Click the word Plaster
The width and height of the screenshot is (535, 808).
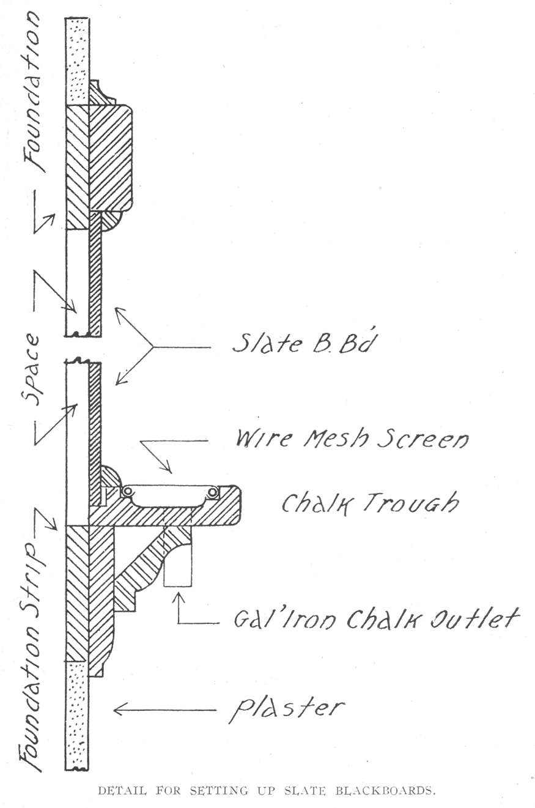[x=286, y=710]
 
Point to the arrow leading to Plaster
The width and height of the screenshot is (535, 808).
[x=164, y=710]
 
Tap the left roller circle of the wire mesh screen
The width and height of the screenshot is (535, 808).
[x=127, y=491]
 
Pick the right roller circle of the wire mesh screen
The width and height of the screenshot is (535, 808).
[x=212, y=491]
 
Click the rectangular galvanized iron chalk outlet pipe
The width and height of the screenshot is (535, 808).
[x=179, y=569]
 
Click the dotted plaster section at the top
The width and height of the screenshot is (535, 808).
[x=77, y=61]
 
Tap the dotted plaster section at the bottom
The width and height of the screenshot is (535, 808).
[x=77, y=716]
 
